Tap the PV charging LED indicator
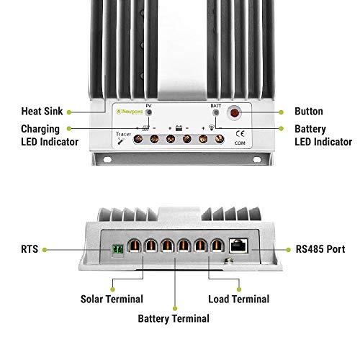point(149,113)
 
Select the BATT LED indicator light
point(215,113)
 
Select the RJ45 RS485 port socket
point(237,245)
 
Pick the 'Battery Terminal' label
point(174,318)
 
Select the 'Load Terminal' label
point(238,299)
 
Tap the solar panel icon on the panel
point(146,127)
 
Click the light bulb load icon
point(212,127)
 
